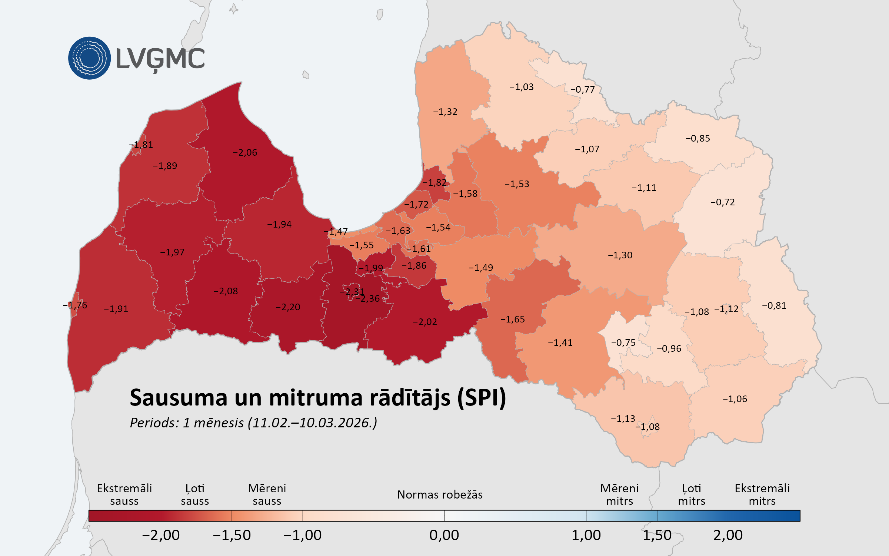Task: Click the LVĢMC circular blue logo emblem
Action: coord(89,58)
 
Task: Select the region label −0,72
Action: coord(723,202)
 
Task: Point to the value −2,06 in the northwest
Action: coord(245,153)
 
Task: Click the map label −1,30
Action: coord(620,255)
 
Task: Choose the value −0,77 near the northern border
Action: coord(583,90)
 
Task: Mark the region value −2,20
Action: coord(288,307)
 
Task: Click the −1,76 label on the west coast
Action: coord(75,305)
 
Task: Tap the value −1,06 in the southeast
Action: coord(735,399)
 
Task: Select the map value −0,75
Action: coord(623,343)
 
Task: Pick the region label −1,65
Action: coord(513,320)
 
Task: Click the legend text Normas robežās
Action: coord(440,495)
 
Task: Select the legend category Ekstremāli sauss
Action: coord(124,495)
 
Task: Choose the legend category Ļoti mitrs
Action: coord(692,495)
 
